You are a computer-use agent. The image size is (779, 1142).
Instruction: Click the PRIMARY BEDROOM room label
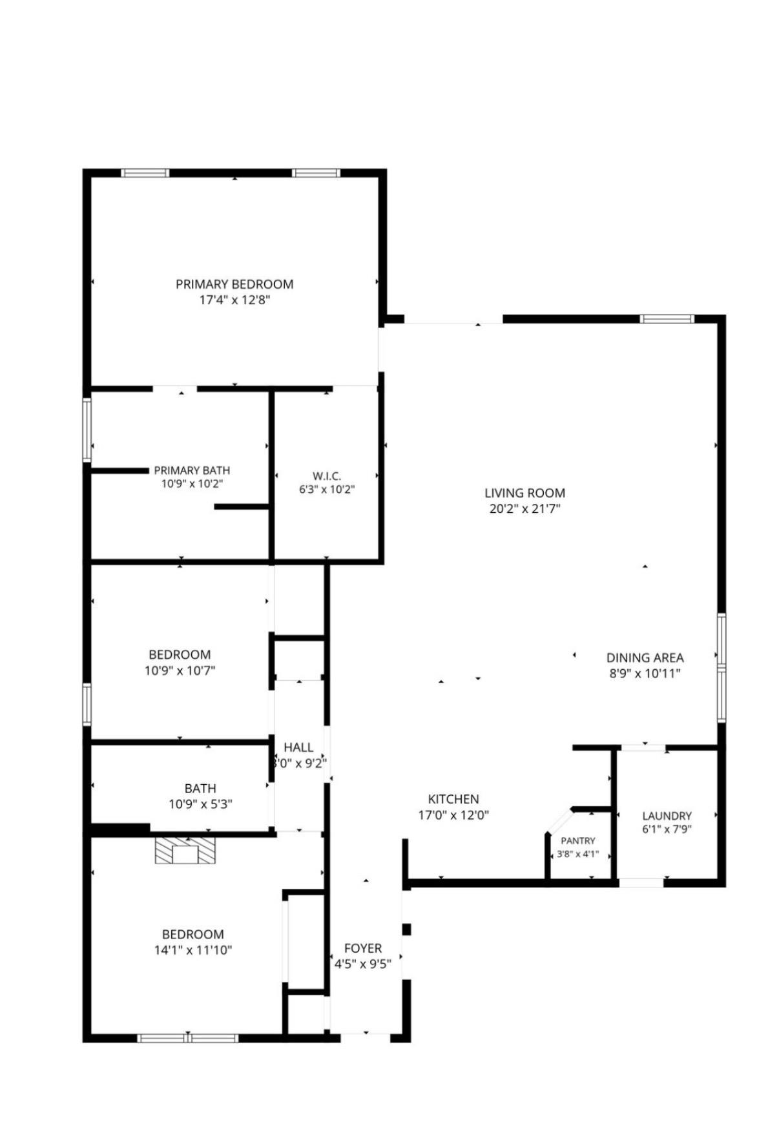[234, 284]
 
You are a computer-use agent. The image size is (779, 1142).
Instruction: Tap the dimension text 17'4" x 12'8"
[234, 300]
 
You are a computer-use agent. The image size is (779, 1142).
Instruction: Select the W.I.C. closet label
[327, 476]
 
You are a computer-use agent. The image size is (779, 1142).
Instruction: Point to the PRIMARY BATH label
[192, 471]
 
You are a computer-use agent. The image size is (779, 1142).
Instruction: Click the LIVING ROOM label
[525, 493]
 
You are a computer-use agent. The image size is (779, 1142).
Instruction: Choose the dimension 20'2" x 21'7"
[525, 508]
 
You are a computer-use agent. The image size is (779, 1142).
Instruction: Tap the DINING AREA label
[645, 658]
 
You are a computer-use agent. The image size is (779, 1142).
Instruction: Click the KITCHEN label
[453, 799]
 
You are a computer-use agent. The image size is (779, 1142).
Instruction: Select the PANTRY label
[578, 841]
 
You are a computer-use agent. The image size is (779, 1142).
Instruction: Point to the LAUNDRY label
[667, 816]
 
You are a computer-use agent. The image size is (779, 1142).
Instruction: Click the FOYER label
[363, 948]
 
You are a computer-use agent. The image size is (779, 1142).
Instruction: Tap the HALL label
[298, 747]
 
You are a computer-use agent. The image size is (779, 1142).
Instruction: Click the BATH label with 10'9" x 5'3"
[200, 789]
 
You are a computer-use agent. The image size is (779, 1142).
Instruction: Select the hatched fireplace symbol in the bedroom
[185, 851]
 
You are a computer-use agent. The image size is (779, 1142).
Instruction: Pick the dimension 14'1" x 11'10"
[192, 950]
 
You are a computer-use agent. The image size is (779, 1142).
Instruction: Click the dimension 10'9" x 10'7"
[180, 670]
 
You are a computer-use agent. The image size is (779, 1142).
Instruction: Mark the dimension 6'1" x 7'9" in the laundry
[667, 829]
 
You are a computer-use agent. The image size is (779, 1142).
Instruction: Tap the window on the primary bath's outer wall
[87, 430]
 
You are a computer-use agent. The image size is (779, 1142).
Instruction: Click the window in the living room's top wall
[667, 318]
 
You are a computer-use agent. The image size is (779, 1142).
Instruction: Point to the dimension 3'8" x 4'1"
[578, 854]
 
